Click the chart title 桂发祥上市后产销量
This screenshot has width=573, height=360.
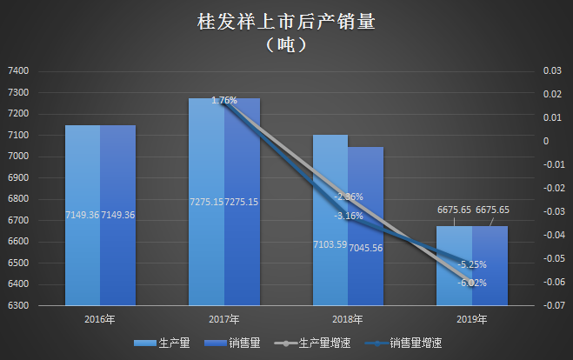click(x=286, y=21)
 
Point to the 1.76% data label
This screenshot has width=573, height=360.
click(x=224, y=101)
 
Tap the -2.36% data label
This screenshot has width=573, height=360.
click(x=348, y=197)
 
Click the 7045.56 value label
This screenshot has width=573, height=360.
click(x=366, y=247)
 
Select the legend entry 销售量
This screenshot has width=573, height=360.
click(x=241, y=343)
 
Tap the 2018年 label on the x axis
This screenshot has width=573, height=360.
click(x=348, y=319)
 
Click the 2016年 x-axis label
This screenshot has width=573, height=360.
click(x=101, y=319)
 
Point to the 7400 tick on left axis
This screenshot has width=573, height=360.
click(x=18, y=71)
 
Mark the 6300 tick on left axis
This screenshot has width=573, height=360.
click(x=18, y=306)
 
